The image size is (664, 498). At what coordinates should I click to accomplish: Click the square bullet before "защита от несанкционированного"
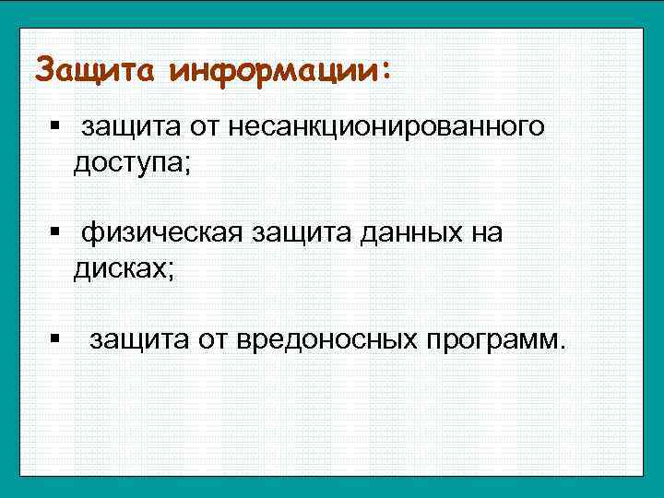pos(56,125)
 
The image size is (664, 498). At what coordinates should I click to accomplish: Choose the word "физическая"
pos(162,233)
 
